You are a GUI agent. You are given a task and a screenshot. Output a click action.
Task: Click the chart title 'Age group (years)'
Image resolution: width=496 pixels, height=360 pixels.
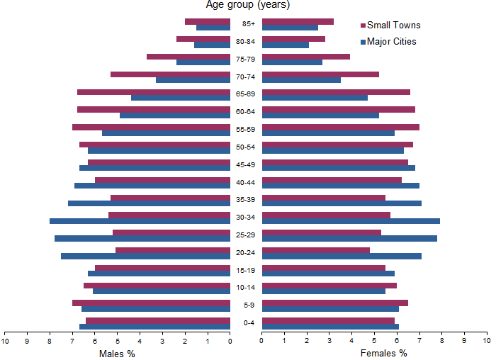(247, 6)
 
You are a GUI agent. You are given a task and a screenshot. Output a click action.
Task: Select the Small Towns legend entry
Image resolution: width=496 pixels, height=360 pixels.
(393, 26)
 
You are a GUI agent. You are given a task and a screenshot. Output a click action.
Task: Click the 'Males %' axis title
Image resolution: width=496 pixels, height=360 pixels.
(117, 353)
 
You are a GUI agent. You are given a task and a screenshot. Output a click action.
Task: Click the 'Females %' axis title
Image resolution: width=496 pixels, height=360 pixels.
(383, 353)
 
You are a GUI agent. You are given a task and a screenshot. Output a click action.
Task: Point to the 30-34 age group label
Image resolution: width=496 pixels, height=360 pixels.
(246, 218)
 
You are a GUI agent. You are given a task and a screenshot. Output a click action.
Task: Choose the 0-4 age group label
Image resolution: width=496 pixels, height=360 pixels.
(247, 323)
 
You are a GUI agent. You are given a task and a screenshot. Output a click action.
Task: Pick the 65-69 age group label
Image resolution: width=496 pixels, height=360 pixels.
(246, 94)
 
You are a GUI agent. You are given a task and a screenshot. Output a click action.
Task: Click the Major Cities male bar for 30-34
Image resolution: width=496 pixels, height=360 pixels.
(140, 221)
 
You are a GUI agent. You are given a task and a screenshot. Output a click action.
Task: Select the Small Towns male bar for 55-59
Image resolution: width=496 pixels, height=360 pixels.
(151, 127)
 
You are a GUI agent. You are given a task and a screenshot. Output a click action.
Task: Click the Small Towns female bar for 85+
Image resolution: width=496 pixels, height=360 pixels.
(298, 21)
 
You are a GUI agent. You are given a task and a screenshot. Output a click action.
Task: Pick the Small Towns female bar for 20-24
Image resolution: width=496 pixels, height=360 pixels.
(316, 250)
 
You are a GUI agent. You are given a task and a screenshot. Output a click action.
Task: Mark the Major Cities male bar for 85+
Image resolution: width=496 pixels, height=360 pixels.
(213, 28)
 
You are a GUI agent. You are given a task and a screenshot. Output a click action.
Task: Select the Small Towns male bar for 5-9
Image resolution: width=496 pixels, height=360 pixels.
(151, 303)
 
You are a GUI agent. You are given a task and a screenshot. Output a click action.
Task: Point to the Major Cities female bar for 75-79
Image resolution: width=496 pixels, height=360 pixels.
(292, 62)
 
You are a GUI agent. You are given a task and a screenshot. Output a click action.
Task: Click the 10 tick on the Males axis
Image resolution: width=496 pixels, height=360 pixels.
(5, 341)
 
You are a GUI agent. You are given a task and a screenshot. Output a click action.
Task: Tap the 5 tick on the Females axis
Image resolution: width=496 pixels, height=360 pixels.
(374, 341)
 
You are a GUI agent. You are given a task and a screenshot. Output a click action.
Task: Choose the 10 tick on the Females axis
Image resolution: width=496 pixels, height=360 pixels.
(486, 341)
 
